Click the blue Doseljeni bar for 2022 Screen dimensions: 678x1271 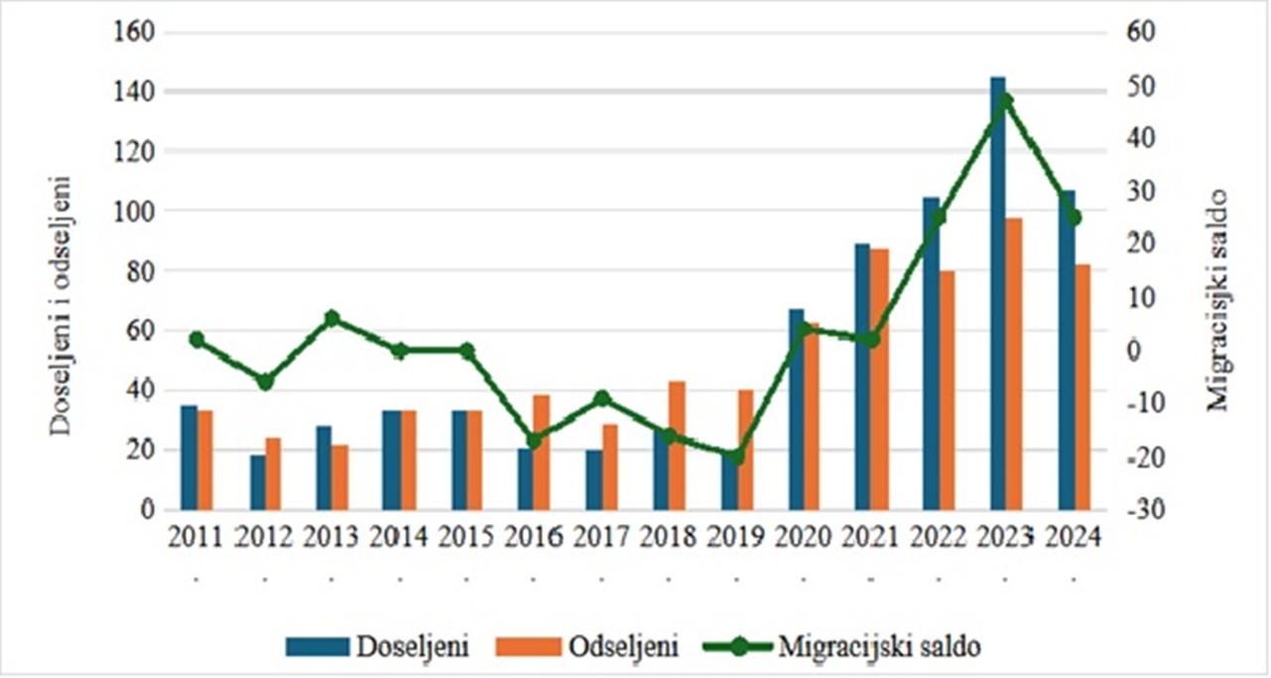point(930,353)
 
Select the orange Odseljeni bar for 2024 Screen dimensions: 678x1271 point(1081,387)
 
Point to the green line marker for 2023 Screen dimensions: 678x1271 point(1005,100)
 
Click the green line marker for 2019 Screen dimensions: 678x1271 point(735,457)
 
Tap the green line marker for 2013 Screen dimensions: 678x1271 point(332,319)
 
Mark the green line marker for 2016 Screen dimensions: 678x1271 point(534,441)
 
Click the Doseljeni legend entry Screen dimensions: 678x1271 point(377,647)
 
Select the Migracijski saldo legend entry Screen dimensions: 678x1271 point(843,647)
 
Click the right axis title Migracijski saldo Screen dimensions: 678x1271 point(1217,301)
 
